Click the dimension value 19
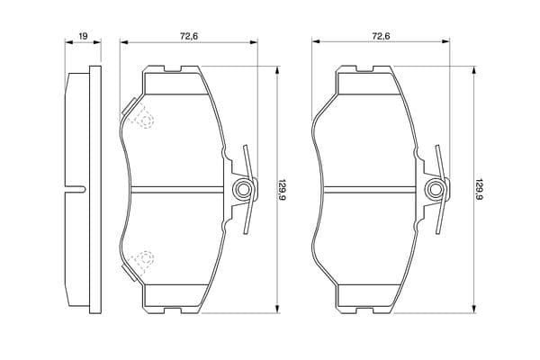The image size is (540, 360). click(84, 36)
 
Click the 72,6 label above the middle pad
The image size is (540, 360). click(189, 36)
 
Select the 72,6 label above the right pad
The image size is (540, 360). click(381, 36)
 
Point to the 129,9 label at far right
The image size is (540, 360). click(478, 190)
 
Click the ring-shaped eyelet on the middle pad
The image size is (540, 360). click(243, 189)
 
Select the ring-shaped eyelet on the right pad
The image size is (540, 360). click(436, 189)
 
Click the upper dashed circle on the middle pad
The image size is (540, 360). click(145, 121)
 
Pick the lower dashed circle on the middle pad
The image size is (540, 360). click(145, 258)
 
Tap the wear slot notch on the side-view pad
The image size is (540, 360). click(75, 189)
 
